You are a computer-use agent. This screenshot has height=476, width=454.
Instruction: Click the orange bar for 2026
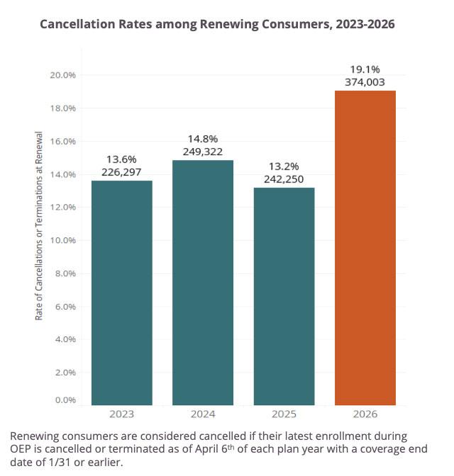point(365,248)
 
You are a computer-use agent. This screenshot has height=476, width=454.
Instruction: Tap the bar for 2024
point(203,283)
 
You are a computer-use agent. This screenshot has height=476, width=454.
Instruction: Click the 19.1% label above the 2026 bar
point(365,69)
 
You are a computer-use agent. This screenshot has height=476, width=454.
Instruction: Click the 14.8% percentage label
point(203,138)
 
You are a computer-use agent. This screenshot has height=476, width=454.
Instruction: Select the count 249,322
point(203,151)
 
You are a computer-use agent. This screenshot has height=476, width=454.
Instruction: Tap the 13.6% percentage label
point(122,159)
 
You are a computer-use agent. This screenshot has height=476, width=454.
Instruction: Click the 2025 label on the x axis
point(284,414)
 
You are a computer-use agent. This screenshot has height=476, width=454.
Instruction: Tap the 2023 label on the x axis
point(122,414)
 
